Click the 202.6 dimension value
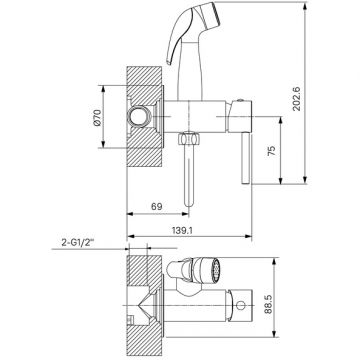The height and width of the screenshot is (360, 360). point(297,99)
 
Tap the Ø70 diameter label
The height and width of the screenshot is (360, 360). point(97,118)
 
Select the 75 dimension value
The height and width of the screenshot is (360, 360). point(272,151)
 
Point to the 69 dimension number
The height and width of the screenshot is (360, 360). point(157,207)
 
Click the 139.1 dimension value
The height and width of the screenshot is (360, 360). point(182,230)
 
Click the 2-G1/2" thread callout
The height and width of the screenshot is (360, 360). point(78,243)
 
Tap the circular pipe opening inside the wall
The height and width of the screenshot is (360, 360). point(139,116)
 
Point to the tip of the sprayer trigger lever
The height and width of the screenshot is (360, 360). point(168,63)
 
